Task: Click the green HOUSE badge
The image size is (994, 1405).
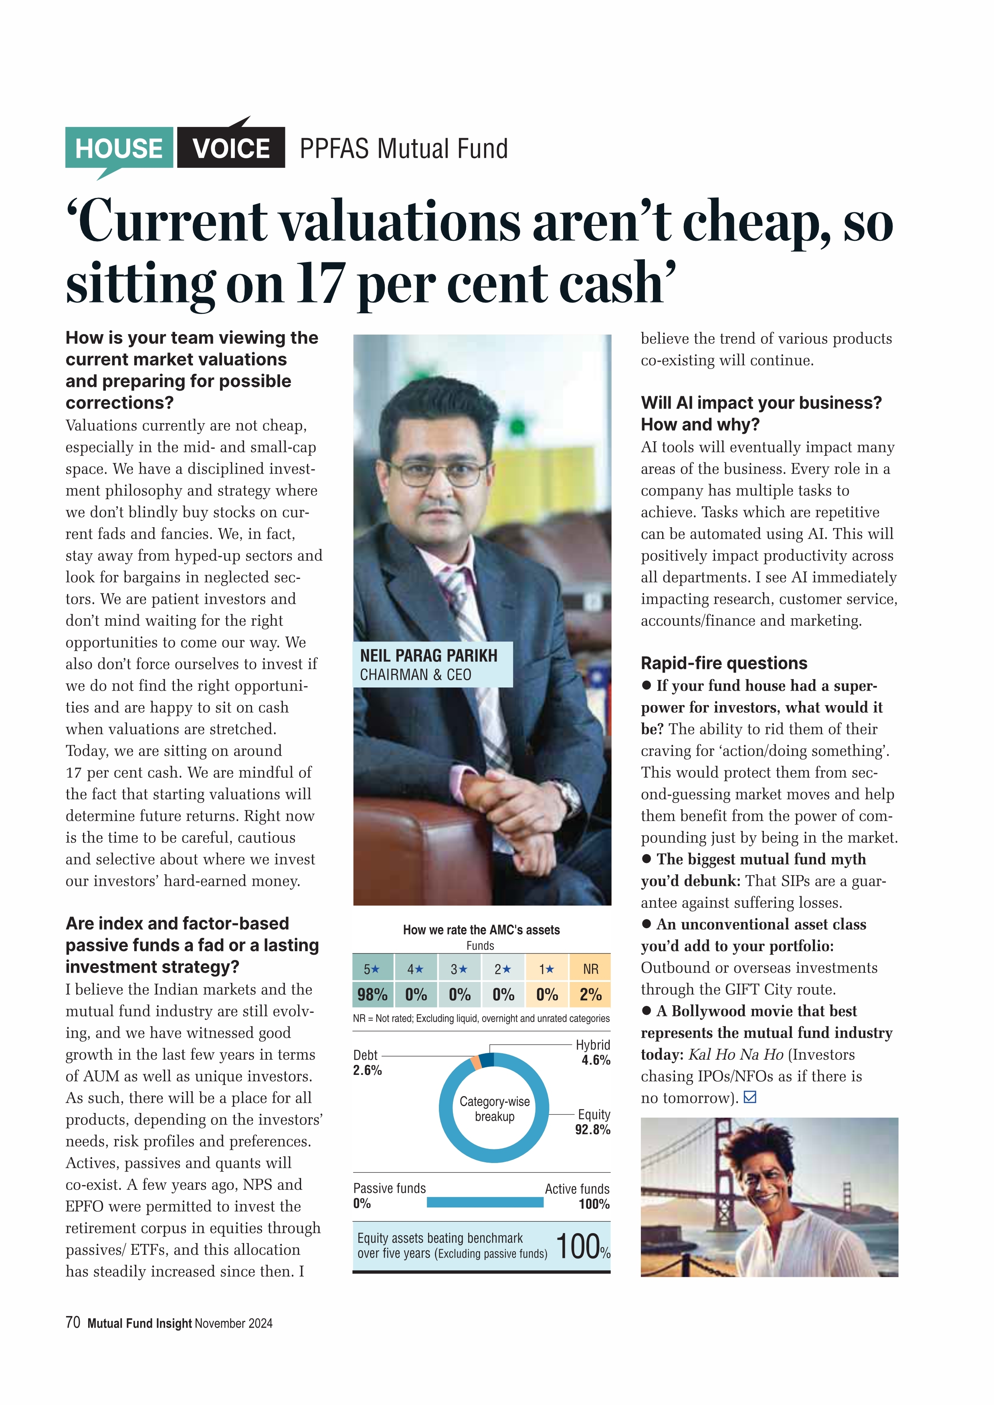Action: (119, 148)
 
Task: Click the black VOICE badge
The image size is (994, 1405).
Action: (231, 148)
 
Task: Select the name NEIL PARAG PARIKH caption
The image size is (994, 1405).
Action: (428, 655)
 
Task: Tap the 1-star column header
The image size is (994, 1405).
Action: (547, 969)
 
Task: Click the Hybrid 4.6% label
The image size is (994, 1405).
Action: (593, 1052)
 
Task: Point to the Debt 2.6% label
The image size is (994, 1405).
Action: (367, 1062)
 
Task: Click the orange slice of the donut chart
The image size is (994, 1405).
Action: (476, 1062)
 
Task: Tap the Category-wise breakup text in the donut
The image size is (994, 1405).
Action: (495, 1109)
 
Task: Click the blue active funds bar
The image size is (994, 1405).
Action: (485, 1202)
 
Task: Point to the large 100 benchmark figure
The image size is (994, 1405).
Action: (578, 1246)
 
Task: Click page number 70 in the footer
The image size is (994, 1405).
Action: (73, 1322)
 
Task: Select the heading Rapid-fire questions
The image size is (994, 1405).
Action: (724, 663)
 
